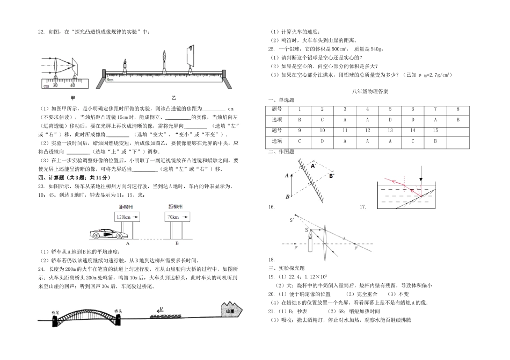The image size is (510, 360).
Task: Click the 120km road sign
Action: (x=125, y=218)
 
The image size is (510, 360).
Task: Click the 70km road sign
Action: (x=173, y=218)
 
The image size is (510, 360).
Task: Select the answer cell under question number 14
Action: (x=412, y=141)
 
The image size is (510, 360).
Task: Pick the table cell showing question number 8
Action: (x=457, y=109)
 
